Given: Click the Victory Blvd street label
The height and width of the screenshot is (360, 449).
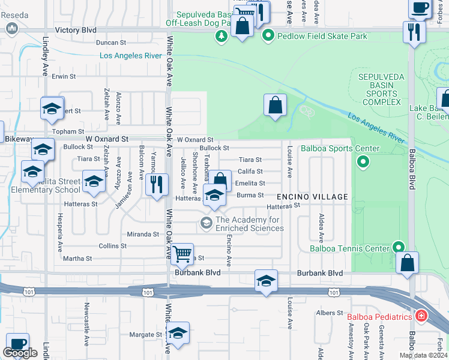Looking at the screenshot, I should pos(75,29).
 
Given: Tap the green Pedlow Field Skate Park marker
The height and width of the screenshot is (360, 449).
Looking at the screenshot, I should pos(268,36).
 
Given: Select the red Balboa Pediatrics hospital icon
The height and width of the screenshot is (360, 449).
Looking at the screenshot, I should pos(421,316).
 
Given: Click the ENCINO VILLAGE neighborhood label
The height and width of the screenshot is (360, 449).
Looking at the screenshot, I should pos(312,197).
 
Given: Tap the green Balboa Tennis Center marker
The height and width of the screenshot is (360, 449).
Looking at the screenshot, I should pos(397,247).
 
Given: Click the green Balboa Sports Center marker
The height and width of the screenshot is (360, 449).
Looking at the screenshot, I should pos(362,161).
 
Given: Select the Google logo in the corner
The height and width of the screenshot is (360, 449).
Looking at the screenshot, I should pos(20,352).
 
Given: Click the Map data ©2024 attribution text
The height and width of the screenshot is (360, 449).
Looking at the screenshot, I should pos(423,355).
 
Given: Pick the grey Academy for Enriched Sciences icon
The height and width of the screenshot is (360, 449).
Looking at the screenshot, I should pos(206,224).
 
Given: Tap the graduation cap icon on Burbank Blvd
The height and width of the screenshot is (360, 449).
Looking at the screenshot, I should pos(265,280).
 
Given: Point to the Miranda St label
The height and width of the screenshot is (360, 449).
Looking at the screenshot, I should pos(142,234).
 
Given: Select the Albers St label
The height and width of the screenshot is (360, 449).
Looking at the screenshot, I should pos(329,313).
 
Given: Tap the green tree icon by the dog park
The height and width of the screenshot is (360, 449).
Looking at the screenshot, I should pos(221,36).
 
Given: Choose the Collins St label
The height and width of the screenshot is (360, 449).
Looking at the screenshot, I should pos(112,246).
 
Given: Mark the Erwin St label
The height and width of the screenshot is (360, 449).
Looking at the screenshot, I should pos(63,77).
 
